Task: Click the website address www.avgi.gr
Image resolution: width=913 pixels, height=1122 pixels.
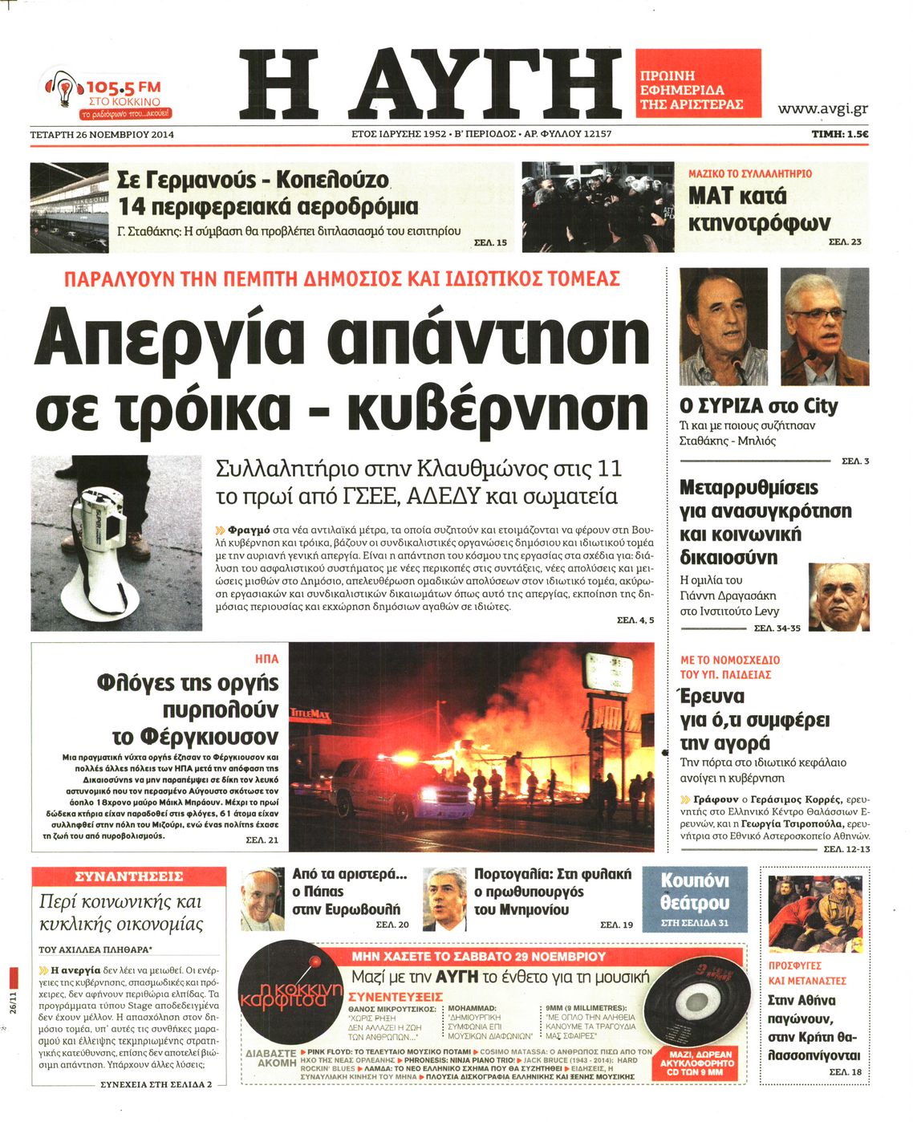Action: (822, 109)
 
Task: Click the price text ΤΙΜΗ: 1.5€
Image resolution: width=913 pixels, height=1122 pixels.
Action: (839, 135)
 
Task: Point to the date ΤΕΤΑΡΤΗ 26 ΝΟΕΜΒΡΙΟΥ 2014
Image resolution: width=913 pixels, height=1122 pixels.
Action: (102, 135)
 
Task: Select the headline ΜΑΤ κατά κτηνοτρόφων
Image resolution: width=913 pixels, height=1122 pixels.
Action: (758, 209)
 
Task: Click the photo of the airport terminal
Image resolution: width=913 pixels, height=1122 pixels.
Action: (69, 207)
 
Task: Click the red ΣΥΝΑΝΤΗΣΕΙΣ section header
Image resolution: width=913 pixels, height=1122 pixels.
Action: (128, 876)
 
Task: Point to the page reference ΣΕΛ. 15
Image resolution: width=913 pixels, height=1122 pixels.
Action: (490, 242)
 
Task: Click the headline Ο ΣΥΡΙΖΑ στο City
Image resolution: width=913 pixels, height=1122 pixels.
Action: (758, 406)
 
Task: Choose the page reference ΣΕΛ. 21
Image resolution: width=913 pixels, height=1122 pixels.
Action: (262, 839)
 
